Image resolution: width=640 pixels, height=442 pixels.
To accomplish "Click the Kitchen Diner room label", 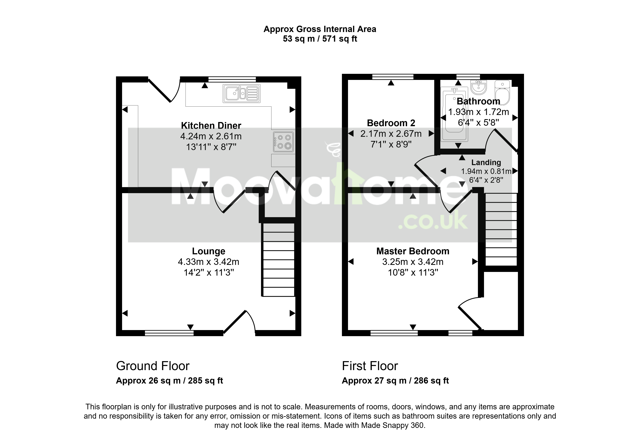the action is pyautogui.click(x=211, y=126).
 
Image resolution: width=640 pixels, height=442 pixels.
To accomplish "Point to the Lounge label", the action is pyautogui.click(x=209, y=251).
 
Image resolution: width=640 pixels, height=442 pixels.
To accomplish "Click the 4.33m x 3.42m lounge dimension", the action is pyautogui.click(x=209, y=262).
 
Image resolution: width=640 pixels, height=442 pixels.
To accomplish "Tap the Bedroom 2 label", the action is pyautogui.click(x=391, y=123).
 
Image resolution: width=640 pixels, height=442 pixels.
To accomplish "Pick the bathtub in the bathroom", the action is pyautogui.click(x=454, y=114).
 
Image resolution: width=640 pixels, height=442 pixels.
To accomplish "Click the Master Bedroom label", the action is pyautogui.click(x=413, y=251).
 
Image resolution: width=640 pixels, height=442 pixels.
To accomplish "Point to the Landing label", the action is pyautogui.click(x=486, y=163).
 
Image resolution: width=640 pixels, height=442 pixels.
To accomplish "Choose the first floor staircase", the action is pyautogui.click(x=501, y=229).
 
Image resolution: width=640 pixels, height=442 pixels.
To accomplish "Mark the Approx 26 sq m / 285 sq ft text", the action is pyautogui.click(x=169, y=381).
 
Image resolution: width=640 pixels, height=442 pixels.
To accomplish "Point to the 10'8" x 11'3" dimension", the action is pyautogui.click(x=413, y=273).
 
